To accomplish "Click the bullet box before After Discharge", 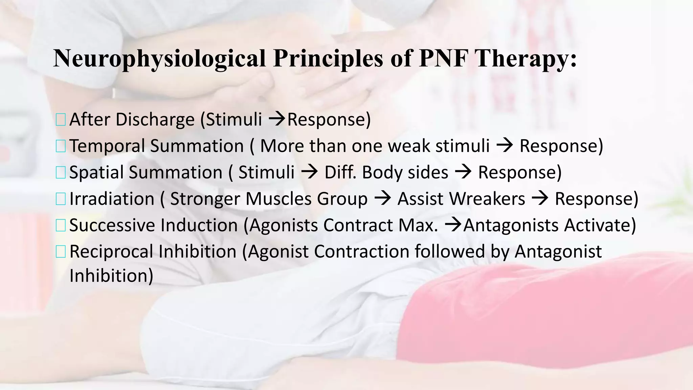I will coord(61,120).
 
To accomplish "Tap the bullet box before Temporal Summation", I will coord(61,146).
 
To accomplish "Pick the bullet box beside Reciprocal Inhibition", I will coord(61,252).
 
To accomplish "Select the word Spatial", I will coord(96,173).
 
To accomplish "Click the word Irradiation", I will coord(112,199).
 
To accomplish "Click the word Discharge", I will coord(155,120).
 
